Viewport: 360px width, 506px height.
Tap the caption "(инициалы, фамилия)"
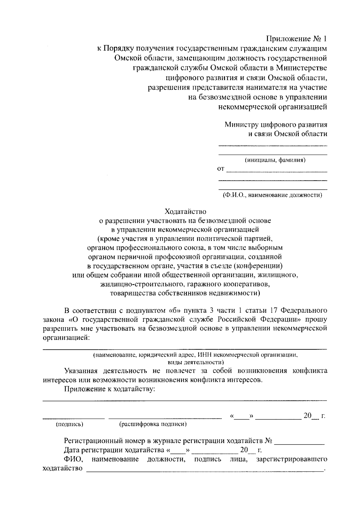click(x=275, y=160)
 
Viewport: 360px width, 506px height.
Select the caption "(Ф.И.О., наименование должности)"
click(x=272, y=195)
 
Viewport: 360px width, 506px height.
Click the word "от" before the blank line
click(x=220, y=169)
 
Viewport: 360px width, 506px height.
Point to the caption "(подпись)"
click(x=70, y=424)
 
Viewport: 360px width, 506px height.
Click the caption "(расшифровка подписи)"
click(x=153, y=424)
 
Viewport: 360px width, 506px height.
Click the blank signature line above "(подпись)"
click(x=73, y=417)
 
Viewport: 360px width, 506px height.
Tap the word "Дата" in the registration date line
click(x=72, y=450)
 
